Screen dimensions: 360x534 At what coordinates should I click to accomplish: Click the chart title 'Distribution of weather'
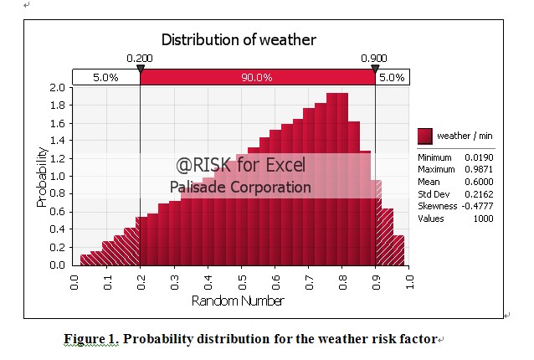pyautogui.click(x=239, y=39)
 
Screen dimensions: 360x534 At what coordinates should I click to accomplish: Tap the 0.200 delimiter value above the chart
pyautogui.click(x=140, y=59)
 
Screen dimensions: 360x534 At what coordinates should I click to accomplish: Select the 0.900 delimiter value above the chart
pyautogui.click(x=374, y=59)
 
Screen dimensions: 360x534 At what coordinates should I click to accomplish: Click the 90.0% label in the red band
pyautogui.click(x=257, y=77)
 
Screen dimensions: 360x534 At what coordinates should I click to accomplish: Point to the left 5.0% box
pyautogui.click(x=105, y=77)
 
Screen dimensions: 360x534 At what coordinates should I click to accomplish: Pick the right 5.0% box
pyautogui.click(x=392, y=77)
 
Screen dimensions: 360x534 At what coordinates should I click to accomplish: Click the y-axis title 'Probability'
pyautogui.click(x=41, y=177)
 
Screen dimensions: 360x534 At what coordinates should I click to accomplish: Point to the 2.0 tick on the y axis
pyautogui.click(x=58, y=87)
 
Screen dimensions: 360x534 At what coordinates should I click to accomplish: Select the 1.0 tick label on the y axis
pyautogui.click(x=58, y=177)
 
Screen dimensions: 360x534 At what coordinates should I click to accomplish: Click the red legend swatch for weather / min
pyautogui.click(x=425, y=136)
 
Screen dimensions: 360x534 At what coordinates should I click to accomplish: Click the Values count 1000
pyautogui.click(x=482, y=218)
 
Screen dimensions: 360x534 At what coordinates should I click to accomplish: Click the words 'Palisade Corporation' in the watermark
pyautogui.click(x=240, y=188)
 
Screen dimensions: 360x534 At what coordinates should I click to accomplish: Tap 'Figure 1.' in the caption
pyautogui.click(x=91, y=339)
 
